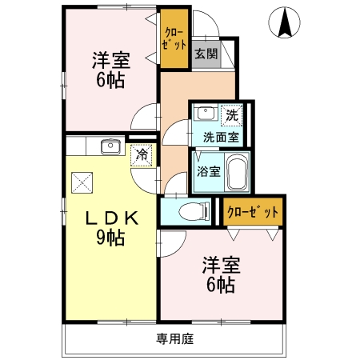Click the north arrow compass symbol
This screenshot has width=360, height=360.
click(x=284, y=22)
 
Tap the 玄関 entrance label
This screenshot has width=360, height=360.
click(x=206, y=54)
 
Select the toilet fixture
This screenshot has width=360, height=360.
click(x=192, y=211)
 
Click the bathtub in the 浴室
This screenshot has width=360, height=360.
click(x=238, y=170)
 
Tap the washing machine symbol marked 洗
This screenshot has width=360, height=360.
click(x=231, y=114)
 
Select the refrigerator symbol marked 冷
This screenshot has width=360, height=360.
click(x=142, y=154)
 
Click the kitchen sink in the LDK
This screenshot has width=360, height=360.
click(x=110, y=146)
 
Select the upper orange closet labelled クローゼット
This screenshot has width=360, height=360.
click(x=174, y=39)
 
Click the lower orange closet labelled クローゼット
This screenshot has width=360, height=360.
click(x=253, y=212)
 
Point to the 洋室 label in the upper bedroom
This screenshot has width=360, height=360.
click(x=111, y=60)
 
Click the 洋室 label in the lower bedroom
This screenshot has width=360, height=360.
click(x=221, y=265)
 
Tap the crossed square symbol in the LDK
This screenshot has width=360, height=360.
click(x=82, y=182)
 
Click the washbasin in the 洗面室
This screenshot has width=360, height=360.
click(x=205, y=113)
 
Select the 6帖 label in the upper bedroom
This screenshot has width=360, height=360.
click(x=111, y=80)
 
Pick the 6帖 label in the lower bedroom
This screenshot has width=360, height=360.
click(x=221, y=285)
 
